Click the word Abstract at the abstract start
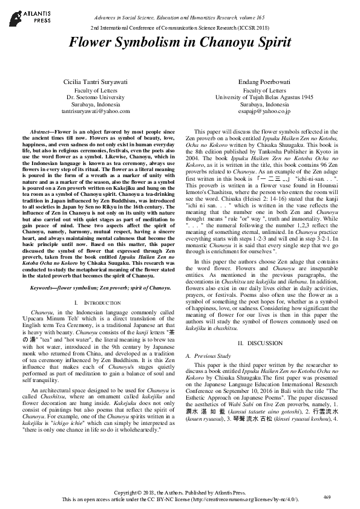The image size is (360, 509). [x=40, y=131]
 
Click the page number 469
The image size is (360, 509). [x=327, y=496]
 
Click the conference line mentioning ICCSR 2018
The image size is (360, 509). [x=180, y=28]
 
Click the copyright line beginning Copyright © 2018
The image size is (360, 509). [x=180, y=493]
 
